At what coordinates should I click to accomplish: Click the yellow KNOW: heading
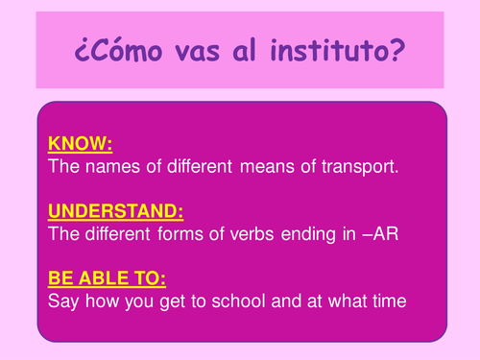tap(80, 146)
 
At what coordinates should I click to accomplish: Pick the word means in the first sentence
tap(261, 167)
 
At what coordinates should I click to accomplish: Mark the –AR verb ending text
tap(373, 231)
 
